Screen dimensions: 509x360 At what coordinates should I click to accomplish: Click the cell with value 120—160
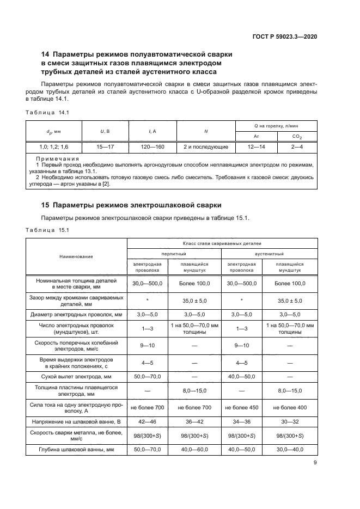point(152,147)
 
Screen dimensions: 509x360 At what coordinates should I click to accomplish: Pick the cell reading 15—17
point(105,147)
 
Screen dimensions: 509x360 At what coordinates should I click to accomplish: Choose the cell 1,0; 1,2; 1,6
point(53,147)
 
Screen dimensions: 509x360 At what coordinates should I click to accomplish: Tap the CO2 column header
point(297,136)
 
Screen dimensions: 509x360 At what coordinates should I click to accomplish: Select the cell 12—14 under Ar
point(257,147)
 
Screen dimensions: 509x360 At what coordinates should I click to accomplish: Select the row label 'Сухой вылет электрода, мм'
point(77,376)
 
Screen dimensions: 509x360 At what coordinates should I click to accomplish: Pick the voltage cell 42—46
point(143,421)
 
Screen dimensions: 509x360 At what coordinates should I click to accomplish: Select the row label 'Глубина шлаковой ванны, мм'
point(77,449)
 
